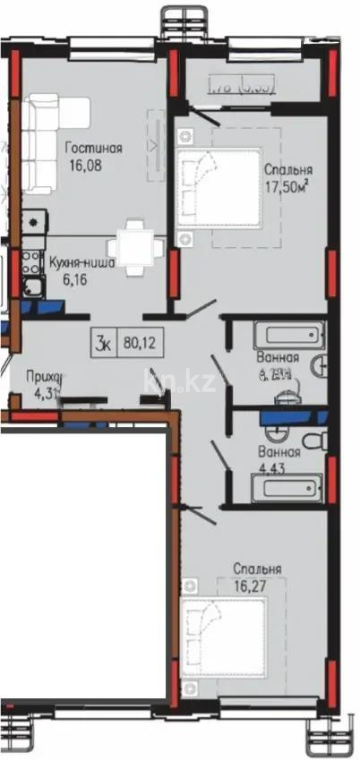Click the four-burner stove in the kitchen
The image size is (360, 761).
pos(31,262)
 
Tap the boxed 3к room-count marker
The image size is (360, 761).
pos(106,341)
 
